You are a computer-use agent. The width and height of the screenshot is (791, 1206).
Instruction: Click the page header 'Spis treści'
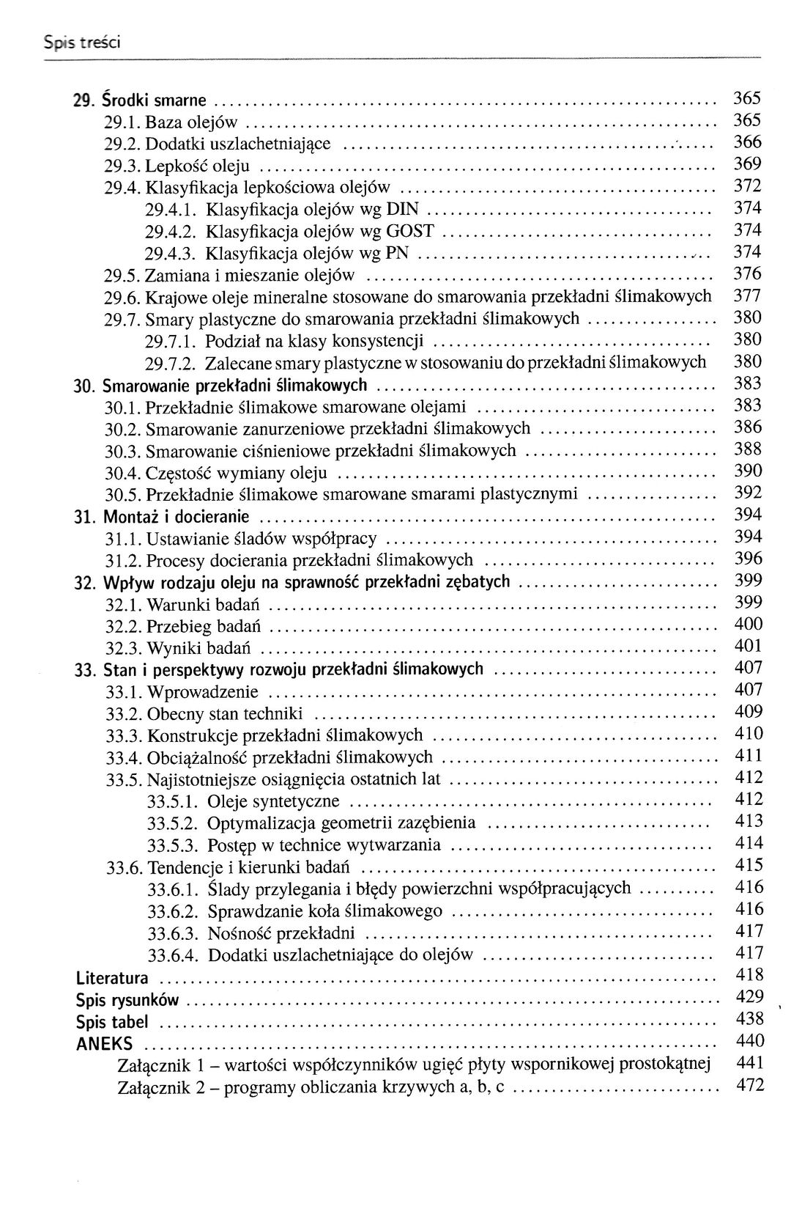point(81,43)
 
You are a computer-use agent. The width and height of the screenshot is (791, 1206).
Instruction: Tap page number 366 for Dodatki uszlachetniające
point(747,142)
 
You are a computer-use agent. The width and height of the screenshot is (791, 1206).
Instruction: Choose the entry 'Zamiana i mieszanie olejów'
point(250,276)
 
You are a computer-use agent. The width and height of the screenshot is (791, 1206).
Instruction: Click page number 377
point(747,296)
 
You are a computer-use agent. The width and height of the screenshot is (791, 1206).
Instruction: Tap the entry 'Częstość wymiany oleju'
point(237,473)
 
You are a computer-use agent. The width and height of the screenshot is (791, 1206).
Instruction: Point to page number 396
point(747,559)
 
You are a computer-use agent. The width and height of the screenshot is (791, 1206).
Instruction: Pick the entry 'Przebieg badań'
point(204,627)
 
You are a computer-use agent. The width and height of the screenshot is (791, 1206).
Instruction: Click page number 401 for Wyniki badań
point(747,647)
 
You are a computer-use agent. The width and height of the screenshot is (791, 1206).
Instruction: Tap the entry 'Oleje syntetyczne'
point(274,801)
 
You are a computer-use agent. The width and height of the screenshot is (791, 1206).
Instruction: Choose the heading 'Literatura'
point(112,978)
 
